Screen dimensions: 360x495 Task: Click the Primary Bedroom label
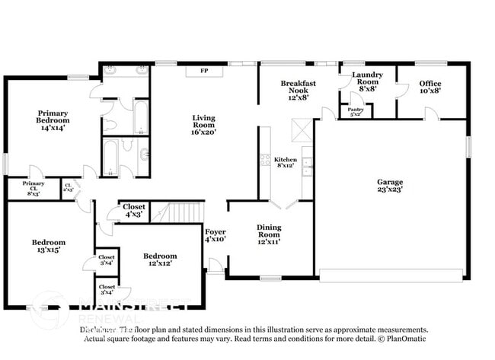click(53, 119)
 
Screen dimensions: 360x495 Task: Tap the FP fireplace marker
click(204, 71)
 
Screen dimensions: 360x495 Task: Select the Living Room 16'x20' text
click(204, 125)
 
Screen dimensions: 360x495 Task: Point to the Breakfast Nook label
click(293, 90)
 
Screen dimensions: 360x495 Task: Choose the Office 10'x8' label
click(430, 87)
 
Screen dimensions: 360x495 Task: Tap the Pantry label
click(356, 111)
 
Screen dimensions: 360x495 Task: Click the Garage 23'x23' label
click(389, 186)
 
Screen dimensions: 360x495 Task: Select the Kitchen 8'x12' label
click(286, 163)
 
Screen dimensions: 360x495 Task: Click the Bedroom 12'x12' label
click(160, 260)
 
